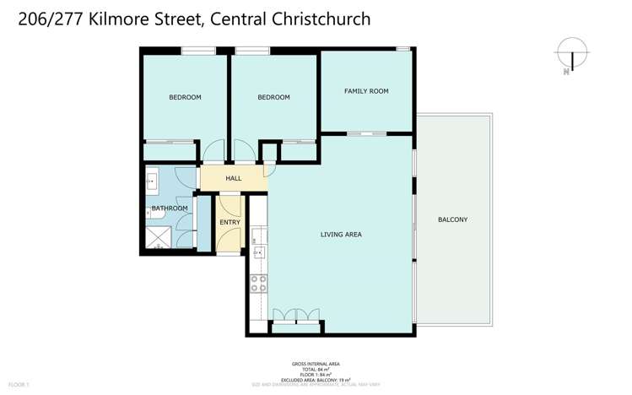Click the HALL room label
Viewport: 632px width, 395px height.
tap(234, 178)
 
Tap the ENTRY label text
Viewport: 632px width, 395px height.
tap(230, 222)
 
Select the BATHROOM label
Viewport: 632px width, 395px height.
tap(169, 208)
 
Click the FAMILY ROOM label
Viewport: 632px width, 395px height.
tap(366, 90)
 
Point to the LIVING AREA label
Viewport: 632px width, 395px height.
tap(341, 234)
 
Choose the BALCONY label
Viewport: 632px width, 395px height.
tap(452, 219)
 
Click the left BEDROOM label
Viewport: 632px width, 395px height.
tap(185, 97)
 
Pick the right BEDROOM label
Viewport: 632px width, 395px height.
tap(273, 97)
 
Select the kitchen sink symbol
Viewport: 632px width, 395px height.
tap(258, 252)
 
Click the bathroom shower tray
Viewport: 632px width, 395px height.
tap(156, 237)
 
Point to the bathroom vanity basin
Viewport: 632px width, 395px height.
tap(153, 180)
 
